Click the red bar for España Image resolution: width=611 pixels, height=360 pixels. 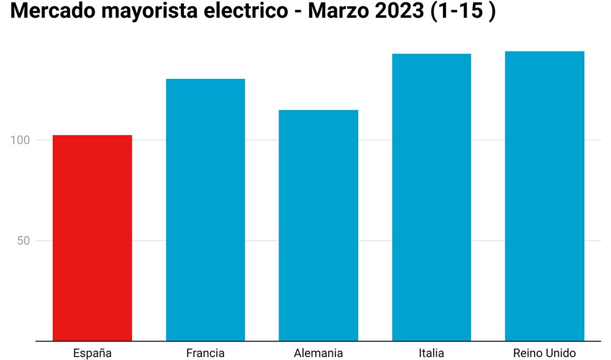pyautogui.click(x=92, y=238)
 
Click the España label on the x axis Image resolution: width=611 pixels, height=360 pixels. pyautogui.click(x=92, y=353)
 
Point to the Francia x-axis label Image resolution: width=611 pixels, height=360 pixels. pyautogui.click(x=205, y=353)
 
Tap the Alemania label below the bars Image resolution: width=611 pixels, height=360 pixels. pyautogui.click(x=318, y=353)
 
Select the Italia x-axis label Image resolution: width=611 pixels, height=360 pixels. pyautogui.click(x=431, y=353)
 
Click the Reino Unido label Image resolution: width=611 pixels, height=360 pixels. pyautogui.click(x=544, y=353)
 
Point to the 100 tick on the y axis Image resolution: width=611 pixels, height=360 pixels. pyautogui.click(x=20, y=140)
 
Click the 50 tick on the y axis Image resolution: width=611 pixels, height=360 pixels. pyautogui.click(x=24, y=241)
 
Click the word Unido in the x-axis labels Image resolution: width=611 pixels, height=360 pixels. pyautogui.click(x=560, y=353)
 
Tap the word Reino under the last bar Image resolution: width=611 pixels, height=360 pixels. pyautogui.click(x=527, y=353)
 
